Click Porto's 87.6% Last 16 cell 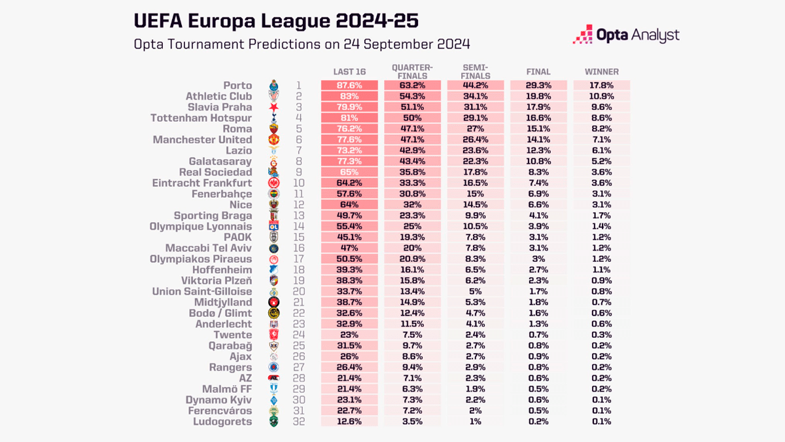click(x=349, y=86)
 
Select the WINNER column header click(x=601, y=72)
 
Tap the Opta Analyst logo click(x=626, y=35)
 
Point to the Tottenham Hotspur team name click(x=201, y=119)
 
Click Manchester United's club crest click(x=275, y=140)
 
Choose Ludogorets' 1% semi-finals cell click(x=475, y=422)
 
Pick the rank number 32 click(x=298, y=422)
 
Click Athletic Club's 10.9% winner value click(x=601, y=97)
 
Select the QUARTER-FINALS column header click(x=412, y=71)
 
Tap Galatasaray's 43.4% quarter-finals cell click(x=412, y=162)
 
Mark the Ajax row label click(x=240, y=357)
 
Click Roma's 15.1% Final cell click(x=538, y=129)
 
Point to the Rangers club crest click(x=275, y=367)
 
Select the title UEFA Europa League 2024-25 click(x=276, y=21)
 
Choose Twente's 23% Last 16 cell click(x=349, y=335)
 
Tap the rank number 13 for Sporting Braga click(x=298, y=216)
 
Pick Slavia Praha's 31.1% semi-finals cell click(x=475, y=107)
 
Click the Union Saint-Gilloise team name click(x=201, y=291)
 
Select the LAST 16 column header click(x=349, y=72)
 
